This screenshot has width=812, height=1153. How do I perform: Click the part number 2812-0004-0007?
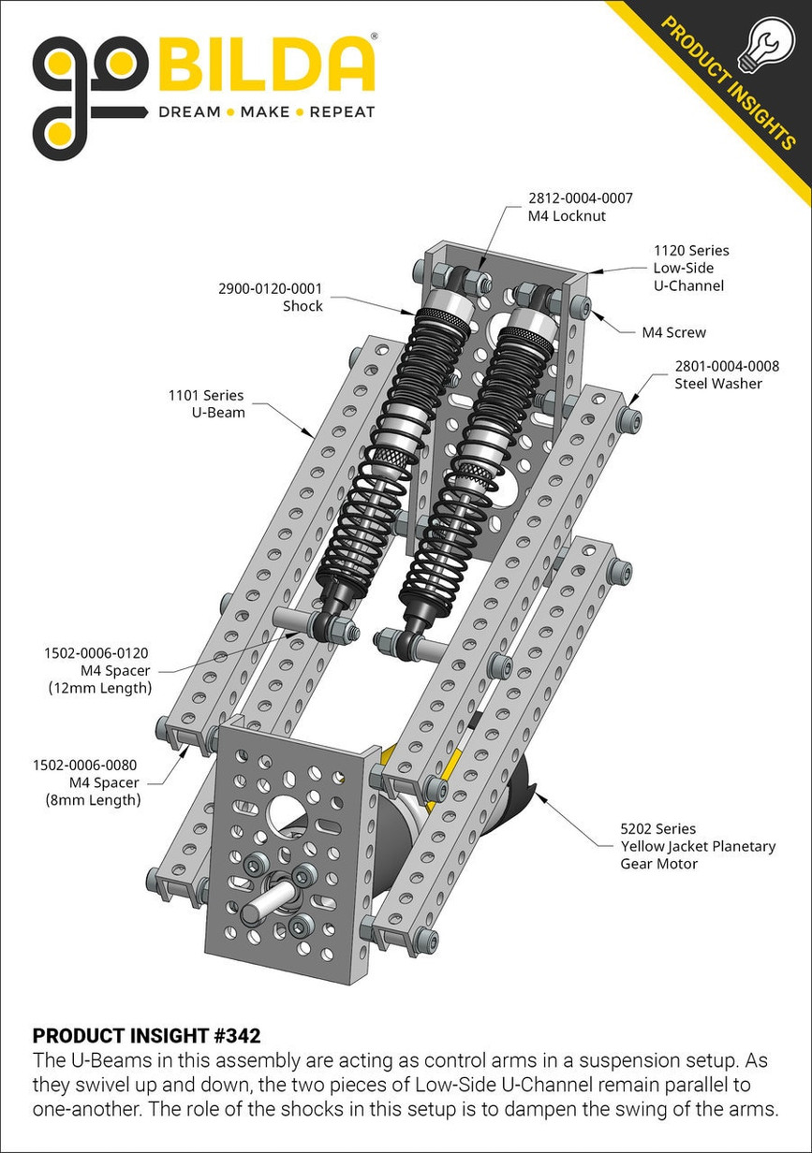coord(580,198)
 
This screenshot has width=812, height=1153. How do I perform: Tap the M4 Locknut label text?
coord(567,216)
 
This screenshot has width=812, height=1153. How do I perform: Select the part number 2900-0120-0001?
coord(270,288)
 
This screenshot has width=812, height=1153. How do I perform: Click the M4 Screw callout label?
coord(674,332)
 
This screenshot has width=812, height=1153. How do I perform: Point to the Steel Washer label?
coord(718,384)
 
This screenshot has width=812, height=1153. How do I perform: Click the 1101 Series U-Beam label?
coord(206,404)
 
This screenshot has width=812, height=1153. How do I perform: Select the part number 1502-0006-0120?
coord(96,653)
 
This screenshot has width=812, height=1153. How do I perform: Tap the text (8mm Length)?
coord(94,800)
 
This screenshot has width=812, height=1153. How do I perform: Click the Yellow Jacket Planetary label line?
coord(698,846)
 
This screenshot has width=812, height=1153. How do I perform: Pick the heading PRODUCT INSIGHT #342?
coord(146,1036)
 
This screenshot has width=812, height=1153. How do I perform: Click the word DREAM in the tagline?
coord(189,111)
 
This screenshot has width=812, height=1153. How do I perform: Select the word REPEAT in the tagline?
coord(342,111)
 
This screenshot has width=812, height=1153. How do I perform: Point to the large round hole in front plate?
coord(287,812)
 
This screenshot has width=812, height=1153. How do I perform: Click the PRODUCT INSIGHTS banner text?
coord(728,82)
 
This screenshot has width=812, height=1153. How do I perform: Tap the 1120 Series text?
coord(691,251)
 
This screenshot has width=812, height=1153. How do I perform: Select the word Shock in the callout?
coord(303,306)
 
